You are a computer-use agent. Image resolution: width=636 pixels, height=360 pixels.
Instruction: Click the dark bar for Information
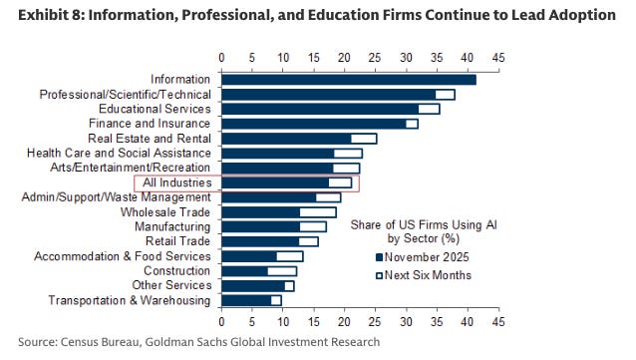pyautogui.click(x=348, y=79)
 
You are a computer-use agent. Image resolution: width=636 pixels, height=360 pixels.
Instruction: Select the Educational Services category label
pyautogui.click(x=155, y=108)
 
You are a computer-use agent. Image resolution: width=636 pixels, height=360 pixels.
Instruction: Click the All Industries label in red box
pyautogui.click(x=177, y=182)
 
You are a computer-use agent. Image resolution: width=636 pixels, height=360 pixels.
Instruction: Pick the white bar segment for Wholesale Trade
pyautogui.click(x=318, y=211)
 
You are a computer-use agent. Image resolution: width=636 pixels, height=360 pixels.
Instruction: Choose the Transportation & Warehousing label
pyautogui.click(x=130, y=300)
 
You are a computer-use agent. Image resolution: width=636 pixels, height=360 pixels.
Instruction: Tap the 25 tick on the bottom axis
pyautogui.click(x=375, y=322)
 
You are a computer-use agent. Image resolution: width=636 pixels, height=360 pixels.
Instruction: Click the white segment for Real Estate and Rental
pyautogui.click(x=364, y=138)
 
